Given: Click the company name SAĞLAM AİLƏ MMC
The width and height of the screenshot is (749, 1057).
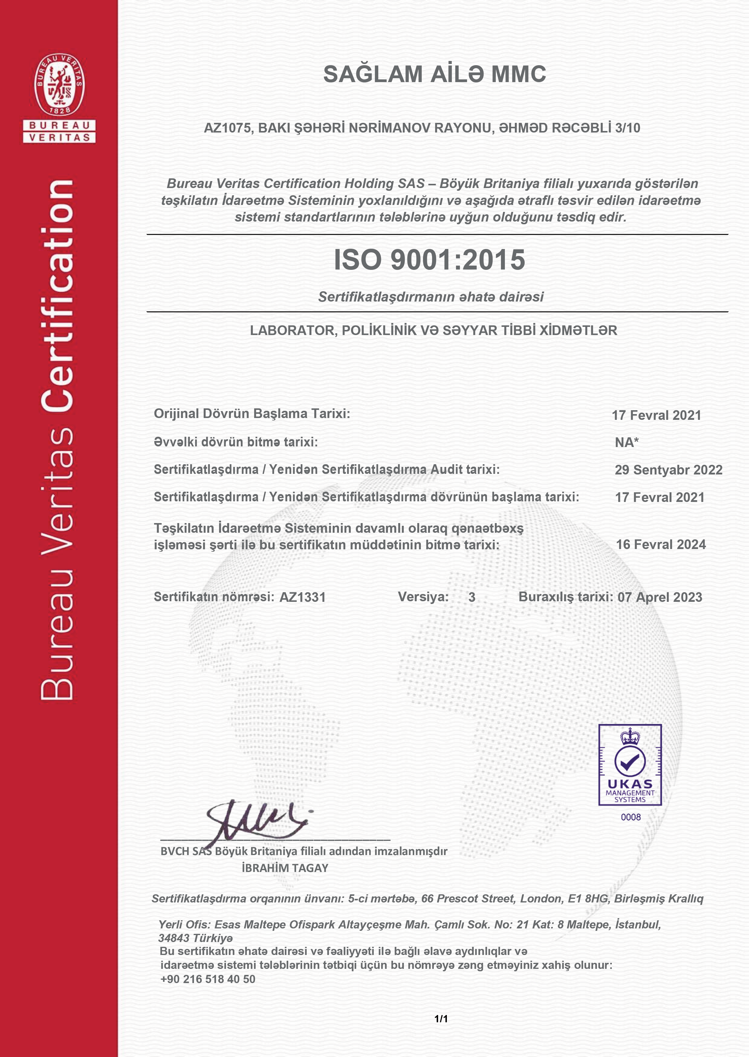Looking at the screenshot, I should pos(434,74).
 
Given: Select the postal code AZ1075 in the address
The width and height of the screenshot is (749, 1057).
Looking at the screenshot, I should pos(228,128).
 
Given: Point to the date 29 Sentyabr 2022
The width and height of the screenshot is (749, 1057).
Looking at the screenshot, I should pos(668,470).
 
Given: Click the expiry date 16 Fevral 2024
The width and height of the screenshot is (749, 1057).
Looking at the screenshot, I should pos(660,544).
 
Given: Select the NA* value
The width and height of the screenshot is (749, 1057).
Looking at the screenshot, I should pos(627,443).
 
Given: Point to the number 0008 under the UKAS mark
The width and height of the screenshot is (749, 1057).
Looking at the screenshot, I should pos(631,817).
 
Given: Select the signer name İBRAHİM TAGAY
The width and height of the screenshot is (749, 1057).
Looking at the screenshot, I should pos(285,868).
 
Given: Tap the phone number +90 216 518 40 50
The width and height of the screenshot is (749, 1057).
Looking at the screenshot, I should pos(208,979).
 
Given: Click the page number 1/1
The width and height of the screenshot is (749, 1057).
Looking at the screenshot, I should pos(441,1019).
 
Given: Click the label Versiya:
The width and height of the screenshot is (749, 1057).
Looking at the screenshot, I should pos(423,597).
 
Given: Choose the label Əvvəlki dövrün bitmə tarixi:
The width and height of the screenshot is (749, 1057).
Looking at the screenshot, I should pos(236,442).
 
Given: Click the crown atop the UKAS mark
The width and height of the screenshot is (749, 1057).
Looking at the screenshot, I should pos(630,737).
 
